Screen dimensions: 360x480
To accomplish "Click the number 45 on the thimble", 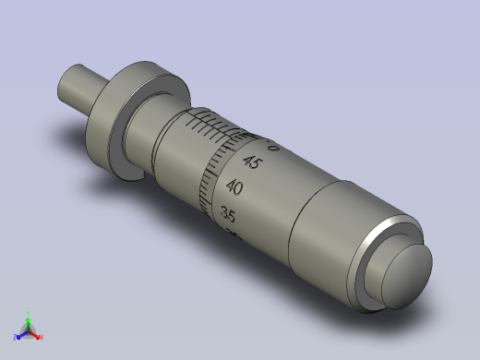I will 251,162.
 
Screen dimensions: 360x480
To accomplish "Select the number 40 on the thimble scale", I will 234,187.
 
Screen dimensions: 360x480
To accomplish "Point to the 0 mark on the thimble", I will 271,147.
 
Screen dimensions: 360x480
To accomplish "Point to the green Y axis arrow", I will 28,319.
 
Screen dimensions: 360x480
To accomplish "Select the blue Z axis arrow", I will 20,333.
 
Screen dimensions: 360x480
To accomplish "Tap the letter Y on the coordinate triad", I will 28,312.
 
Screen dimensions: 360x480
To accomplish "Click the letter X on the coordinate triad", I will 42,337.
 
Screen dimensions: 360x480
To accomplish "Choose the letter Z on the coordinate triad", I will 14,337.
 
